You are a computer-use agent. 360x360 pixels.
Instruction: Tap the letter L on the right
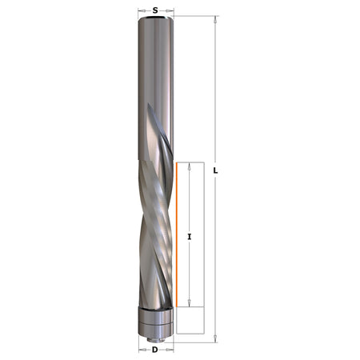[217, 170]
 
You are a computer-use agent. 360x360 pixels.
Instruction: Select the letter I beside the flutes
[189, 237]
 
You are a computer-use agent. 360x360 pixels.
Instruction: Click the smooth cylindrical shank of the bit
[155, 72]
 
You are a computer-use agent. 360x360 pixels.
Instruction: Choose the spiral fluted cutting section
[155, 232]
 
